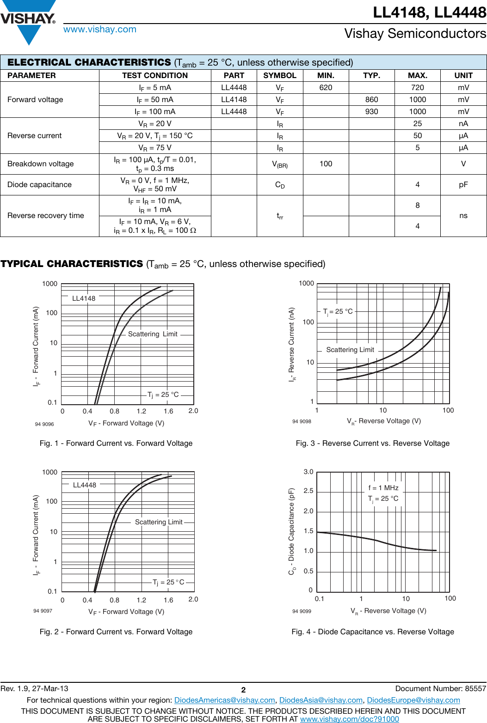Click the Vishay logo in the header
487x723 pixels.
[x=28, y=21]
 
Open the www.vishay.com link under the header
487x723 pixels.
[x=100, y=30]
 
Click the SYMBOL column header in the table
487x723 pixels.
[x=279, y=75]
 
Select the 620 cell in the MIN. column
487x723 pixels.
[x=326, y=87]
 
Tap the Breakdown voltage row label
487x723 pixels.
[x=41, y=164]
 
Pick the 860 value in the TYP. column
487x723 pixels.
[x=371, y=99]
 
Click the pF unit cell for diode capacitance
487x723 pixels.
[x=463, y=184]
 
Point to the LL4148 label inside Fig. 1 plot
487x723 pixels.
[x=84, y=298]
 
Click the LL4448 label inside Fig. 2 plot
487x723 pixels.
[x=85, y=485]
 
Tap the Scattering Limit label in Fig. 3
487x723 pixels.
[x=350, y=350]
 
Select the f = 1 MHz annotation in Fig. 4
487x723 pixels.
[x=383, y=488]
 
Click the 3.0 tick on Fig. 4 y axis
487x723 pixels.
[x=308, y=472]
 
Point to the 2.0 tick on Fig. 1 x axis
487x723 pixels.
[x=193, y=411]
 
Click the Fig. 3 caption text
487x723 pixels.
[x=372, y=443]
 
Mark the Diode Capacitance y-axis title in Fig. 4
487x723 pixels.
[x=292, y=531]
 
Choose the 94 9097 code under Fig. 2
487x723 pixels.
[x=43, y=611]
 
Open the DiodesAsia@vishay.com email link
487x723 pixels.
[x=321, y=700]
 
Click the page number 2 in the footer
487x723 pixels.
[x=243, y=690]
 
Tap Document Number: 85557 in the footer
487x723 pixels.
[x=440, y=688]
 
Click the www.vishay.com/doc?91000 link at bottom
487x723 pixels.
[x=349, y=719]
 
